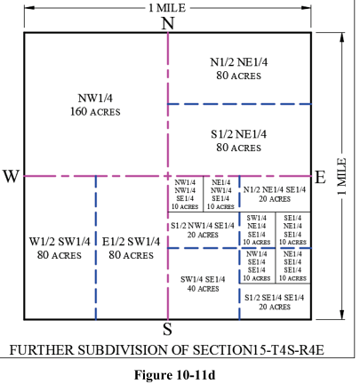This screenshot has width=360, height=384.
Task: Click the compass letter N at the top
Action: pos(168,23)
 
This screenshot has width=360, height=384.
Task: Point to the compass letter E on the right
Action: pos(321,176)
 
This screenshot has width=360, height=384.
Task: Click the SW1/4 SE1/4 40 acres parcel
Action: pos(203,283)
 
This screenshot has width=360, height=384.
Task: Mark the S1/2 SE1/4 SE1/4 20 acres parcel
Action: pos(275,301)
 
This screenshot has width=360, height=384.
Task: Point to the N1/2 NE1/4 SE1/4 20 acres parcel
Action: pos(275,194)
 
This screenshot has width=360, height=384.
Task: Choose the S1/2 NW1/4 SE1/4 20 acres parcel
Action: pos(203,229)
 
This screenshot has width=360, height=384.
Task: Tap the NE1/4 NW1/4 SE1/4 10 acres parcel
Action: pos(221,194)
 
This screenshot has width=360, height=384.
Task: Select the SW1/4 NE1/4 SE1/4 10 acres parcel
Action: pos(257,229)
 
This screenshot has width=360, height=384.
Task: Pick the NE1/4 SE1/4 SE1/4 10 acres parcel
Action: pos(293,265)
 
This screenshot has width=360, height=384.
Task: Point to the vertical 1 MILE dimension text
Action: pos(342,176)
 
